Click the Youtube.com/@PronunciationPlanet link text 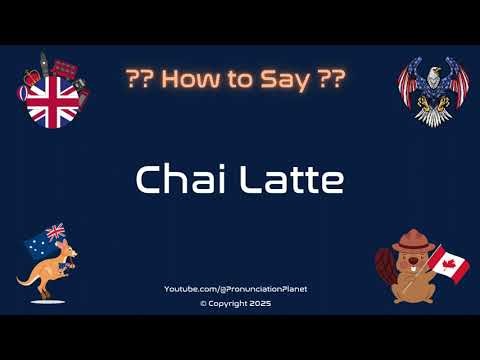pyautogui.click(x=236, y=289)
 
